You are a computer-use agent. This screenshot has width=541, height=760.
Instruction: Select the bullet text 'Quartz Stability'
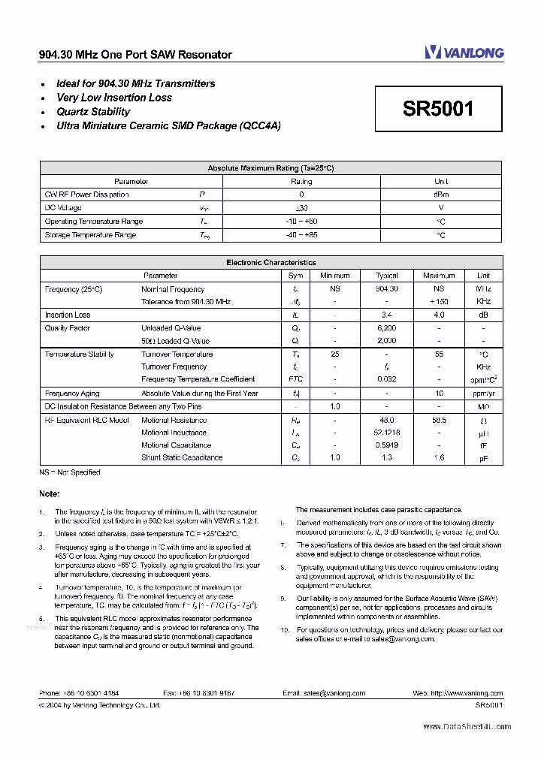click(93, 112)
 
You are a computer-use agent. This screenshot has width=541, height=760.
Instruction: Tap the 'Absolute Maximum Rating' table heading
click(270, 168)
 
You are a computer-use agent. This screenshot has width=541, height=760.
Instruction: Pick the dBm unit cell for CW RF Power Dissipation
click(441, 195)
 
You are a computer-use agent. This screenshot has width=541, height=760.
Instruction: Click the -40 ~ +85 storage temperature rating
click(301, 235)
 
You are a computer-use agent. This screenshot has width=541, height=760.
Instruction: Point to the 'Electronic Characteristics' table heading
click(270, 263)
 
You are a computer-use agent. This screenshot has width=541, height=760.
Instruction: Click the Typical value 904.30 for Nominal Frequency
click(386, 289)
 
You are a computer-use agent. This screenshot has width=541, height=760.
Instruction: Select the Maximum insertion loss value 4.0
click(439, 315)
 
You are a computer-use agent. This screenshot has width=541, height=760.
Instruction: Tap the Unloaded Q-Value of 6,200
click(386, 328)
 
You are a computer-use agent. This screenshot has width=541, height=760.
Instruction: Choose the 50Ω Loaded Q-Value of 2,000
click(386, 341)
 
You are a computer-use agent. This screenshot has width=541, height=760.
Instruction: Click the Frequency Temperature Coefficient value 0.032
click(386, 379)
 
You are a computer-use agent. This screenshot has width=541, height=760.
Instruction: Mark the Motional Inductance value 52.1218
click(386, 433)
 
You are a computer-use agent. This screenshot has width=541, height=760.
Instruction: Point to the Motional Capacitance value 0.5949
click(386, 445)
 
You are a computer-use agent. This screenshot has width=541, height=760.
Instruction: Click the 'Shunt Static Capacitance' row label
click(182, 457)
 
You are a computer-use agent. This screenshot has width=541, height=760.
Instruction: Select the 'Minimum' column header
click(335, 276)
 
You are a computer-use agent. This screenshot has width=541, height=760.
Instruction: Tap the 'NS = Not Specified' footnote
click(69, 472)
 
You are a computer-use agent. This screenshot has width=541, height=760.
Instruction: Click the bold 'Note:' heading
click(50, 493)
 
